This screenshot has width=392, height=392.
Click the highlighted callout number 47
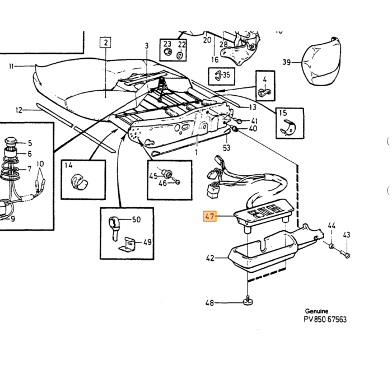[x=209, y=216]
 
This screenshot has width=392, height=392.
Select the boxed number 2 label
[x=105, y=42]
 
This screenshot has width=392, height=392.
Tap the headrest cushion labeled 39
[x=321, y=61]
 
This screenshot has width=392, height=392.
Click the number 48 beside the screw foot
[x=209, y=303]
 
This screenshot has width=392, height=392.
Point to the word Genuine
[x=316, y=311]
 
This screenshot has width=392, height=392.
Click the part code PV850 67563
[x=325, y=319]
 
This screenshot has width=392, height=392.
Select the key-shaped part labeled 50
[x=114, y=227]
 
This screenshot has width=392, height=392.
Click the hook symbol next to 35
[x=218, y=75]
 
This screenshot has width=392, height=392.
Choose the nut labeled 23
[x=167, y=52]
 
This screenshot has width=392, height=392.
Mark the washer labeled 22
[x=180, y=55]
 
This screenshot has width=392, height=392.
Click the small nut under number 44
[x=332, y=246]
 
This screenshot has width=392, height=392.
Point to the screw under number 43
[x=346, y=254]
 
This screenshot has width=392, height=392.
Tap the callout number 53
[x=226, y=148]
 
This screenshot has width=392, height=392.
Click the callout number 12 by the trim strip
[x=19, y=110]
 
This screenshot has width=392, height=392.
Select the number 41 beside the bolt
[x=254, y=121]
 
